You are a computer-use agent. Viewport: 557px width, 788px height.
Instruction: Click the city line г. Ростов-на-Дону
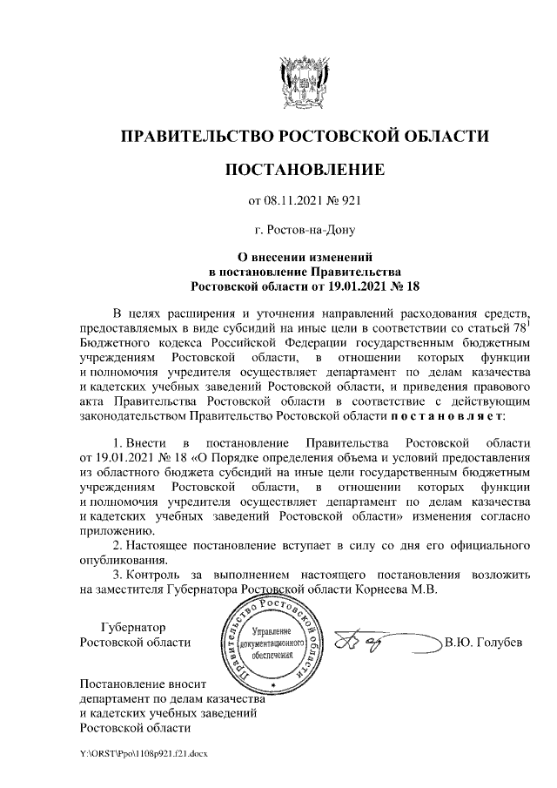[x=305, y=230]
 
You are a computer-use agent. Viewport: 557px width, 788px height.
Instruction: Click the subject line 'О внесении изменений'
[x=305, y=258]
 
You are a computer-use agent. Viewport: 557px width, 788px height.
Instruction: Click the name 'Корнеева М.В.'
[x=398, y=589]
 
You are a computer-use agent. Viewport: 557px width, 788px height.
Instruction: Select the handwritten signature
[x=366, y=643]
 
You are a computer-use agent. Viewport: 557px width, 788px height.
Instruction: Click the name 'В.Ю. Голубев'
[x=483, y=643]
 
